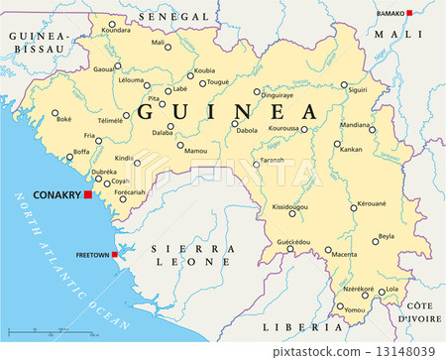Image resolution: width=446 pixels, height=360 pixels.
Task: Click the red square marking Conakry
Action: (87, 194)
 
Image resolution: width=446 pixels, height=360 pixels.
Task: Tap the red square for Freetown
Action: (115, 255)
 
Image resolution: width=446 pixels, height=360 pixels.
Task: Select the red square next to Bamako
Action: (408, 13)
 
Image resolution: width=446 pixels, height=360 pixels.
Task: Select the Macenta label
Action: (345, 255)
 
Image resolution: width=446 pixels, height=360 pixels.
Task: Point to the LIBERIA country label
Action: (295, 325)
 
